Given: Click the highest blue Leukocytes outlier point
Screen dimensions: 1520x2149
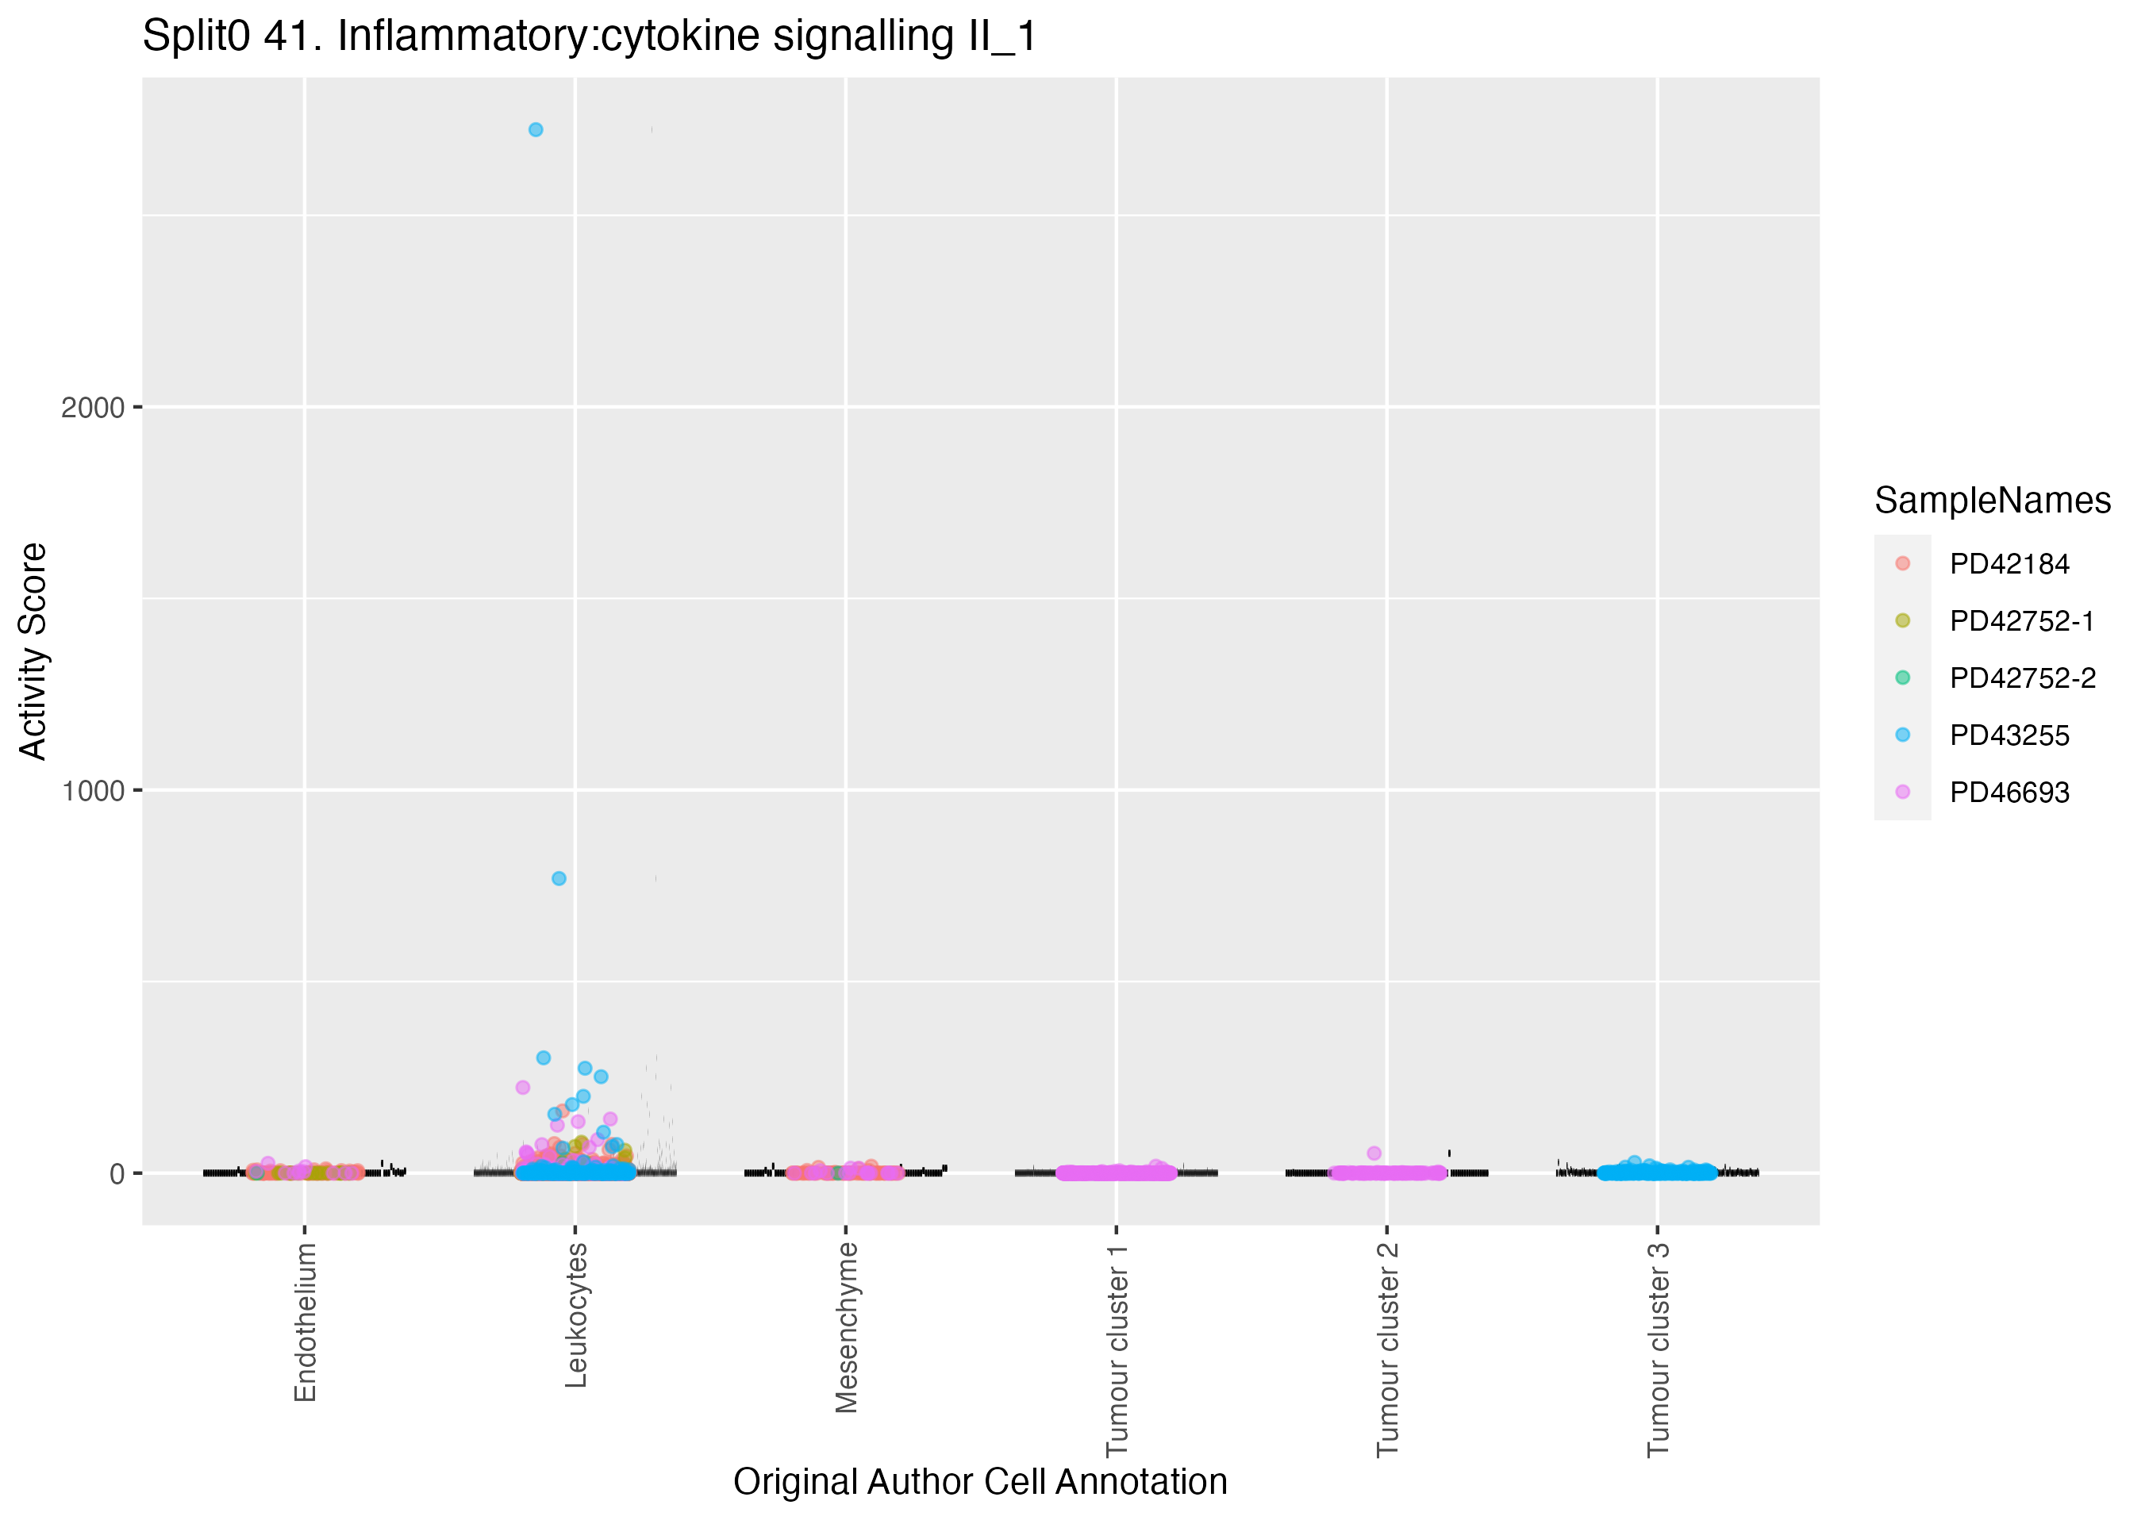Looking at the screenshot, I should (x=536, y=130).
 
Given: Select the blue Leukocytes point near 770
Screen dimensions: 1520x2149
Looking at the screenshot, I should (x=559, y=878).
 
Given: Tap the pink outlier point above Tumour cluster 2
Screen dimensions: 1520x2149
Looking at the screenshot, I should (x=1374, y=1153).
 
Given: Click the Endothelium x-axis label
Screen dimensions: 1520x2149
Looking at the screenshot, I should (x=305, y=1322).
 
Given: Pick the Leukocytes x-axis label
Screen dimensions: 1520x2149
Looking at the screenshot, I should (x=575, y=1315).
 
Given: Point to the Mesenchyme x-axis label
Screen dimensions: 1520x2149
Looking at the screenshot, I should (x=846, y=1327).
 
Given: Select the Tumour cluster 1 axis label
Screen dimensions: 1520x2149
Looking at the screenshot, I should (x=1117, y=1349).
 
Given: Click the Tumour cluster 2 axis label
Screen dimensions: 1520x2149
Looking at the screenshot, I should (x=1387, y=1349).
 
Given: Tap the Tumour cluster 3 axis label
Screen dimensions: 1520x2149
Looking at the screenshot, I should (x=1658, y=1349).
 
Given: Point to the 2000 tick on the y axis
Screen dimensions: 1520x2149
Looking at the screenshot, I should (x=93, y=408).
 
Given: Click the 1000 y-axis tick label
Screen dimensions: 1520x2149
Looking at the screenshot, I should (x=93, y=791).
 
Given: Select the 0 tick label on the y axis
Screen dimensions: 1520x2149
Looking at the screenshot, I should (x=117, y=1173).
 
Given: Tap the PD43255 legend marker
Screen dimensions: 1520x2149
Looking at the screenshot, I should (x=1902, y=735).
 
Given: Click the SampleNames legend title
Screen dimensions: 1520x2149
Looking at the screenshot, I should (x=1992, y=501).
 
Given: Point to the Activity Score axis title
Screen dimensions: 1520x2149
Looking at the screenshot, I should (x=33, y=651).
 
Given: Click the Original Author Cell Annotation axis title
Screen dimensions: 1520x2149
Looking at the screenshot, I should (x=980, y=1482).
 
